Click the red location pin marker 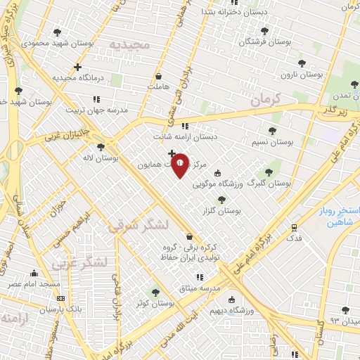click(x=180, y=165)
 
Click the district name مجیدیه click(x=130, y=45)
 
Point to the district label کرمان click(x=264, y=99)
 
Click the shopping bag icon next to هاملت click(x=158, y=76)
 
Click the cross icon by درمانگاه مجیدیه click(x=78, y=67)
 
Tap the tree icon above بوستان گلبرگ click(x=268, y=172)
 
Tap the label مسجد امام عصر click(x=34, y=283)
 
